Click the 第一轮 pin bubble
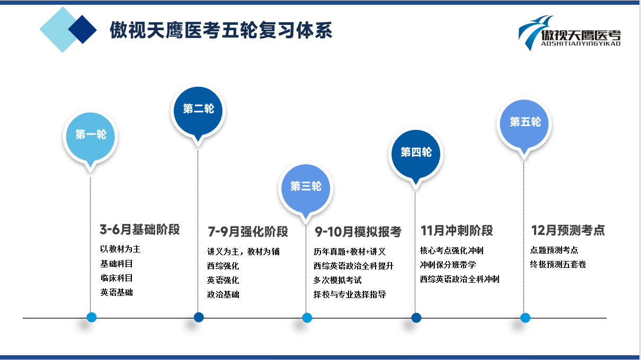pos(91,137)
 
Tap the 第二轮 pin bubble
pos(198,112)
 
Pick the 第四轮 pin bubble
pos(415,155)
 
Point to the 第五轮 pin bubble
pos(524,125)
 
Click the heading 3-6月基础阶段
pos(140,229)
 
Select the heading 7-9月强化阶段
pos(248,231)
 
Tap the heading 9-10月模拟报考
pos(358,231)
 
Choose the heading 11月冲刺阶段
pos(457,230)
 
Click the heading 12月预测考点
pos(568,230)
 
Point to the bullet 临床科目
pos(117,278)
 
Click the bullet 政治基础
pos(223,294)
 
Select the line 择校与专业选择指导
pos(350,294)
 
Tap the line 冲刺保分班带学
pos(448,265)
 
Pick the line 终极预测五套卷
pos(558,264)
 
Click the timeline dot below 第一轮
pos(91,318)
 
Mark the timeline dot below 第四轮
pos(416,318)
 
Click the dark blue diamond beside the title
pos(83,29)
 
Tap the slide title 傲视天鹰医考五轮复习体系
pos(221,30)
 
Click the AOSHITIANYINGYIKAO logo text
pos(581,44)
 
